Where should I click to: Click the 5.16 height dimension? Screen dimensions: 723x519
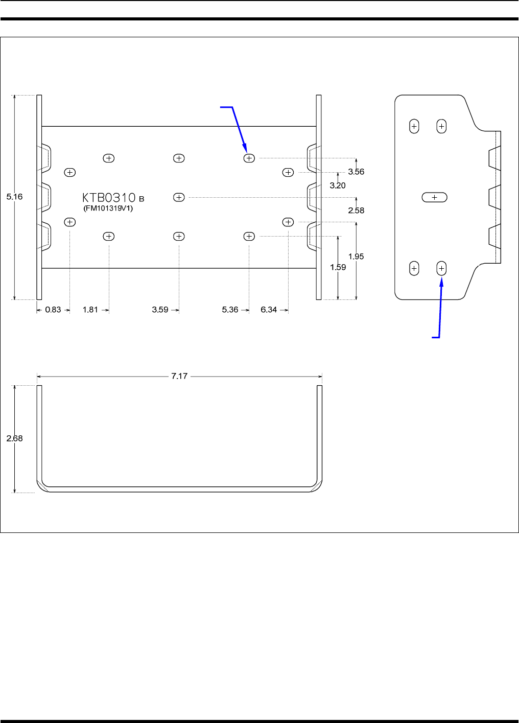pyautogui.click(x=14, y=197)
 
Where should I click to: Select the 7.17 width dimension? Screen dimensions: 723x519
pyautogui.click(x=179, y=376)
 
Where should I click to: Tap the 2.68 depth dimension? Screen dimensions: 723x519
pyautogui.click(x=14, y=438)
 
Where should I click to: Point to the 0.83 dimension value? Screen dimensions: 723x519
pyautogui.click(x=53, y=310)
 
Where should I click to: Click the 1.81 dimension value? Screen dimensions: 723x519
pyautogui.click(x=90, y=310)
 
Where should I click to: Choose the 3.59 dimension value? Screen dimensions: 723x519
pyautogui.click(x=160, y=310)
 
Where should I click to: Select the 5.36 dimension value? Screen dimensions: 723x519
pyautogui.click(x=230, y=310)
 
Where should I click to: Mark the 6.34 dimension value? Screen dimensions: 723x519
pyautogui.click(x=269, y=310)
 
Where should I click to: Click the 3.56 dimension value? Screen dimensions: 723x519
pyautogui.click(x=356, y=172)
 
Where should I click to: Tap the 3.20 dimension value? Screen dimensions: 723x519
pyautogui.click(x=338, y=185)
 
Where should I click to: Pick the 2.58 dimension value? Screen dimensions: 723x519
pyautogui.click(x=356, y=211)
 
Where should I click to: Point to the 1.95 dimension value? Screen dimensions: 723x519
pyautogui.click(x=356, y=256)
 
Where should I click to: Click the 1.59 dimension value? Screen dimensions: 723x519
pyautogui.click(x=338, y=267)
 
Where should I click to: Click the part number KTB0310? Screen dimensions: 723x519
pyautogui.click(x=109, y=197)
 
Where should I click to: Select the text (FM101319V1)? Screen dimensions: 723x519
pyautogui.click(x=108, y=208)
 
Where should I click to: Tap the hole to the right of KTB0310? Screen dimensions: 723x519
pyautogui.click(x=179, y=197)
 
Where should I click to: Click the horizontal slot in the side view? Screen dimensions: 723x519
pyautogui.click(x=435, y=197)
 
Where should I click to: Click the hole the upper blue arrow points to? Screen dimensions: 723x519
pyautogui.click(x=249, y=158)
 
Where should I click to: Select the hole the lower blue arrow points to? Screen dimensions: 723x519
pyautogui.click(x=441, y=268)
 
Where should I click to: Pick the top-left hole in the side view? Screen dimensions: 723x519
pyautogui.click(x=414, y=126)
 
